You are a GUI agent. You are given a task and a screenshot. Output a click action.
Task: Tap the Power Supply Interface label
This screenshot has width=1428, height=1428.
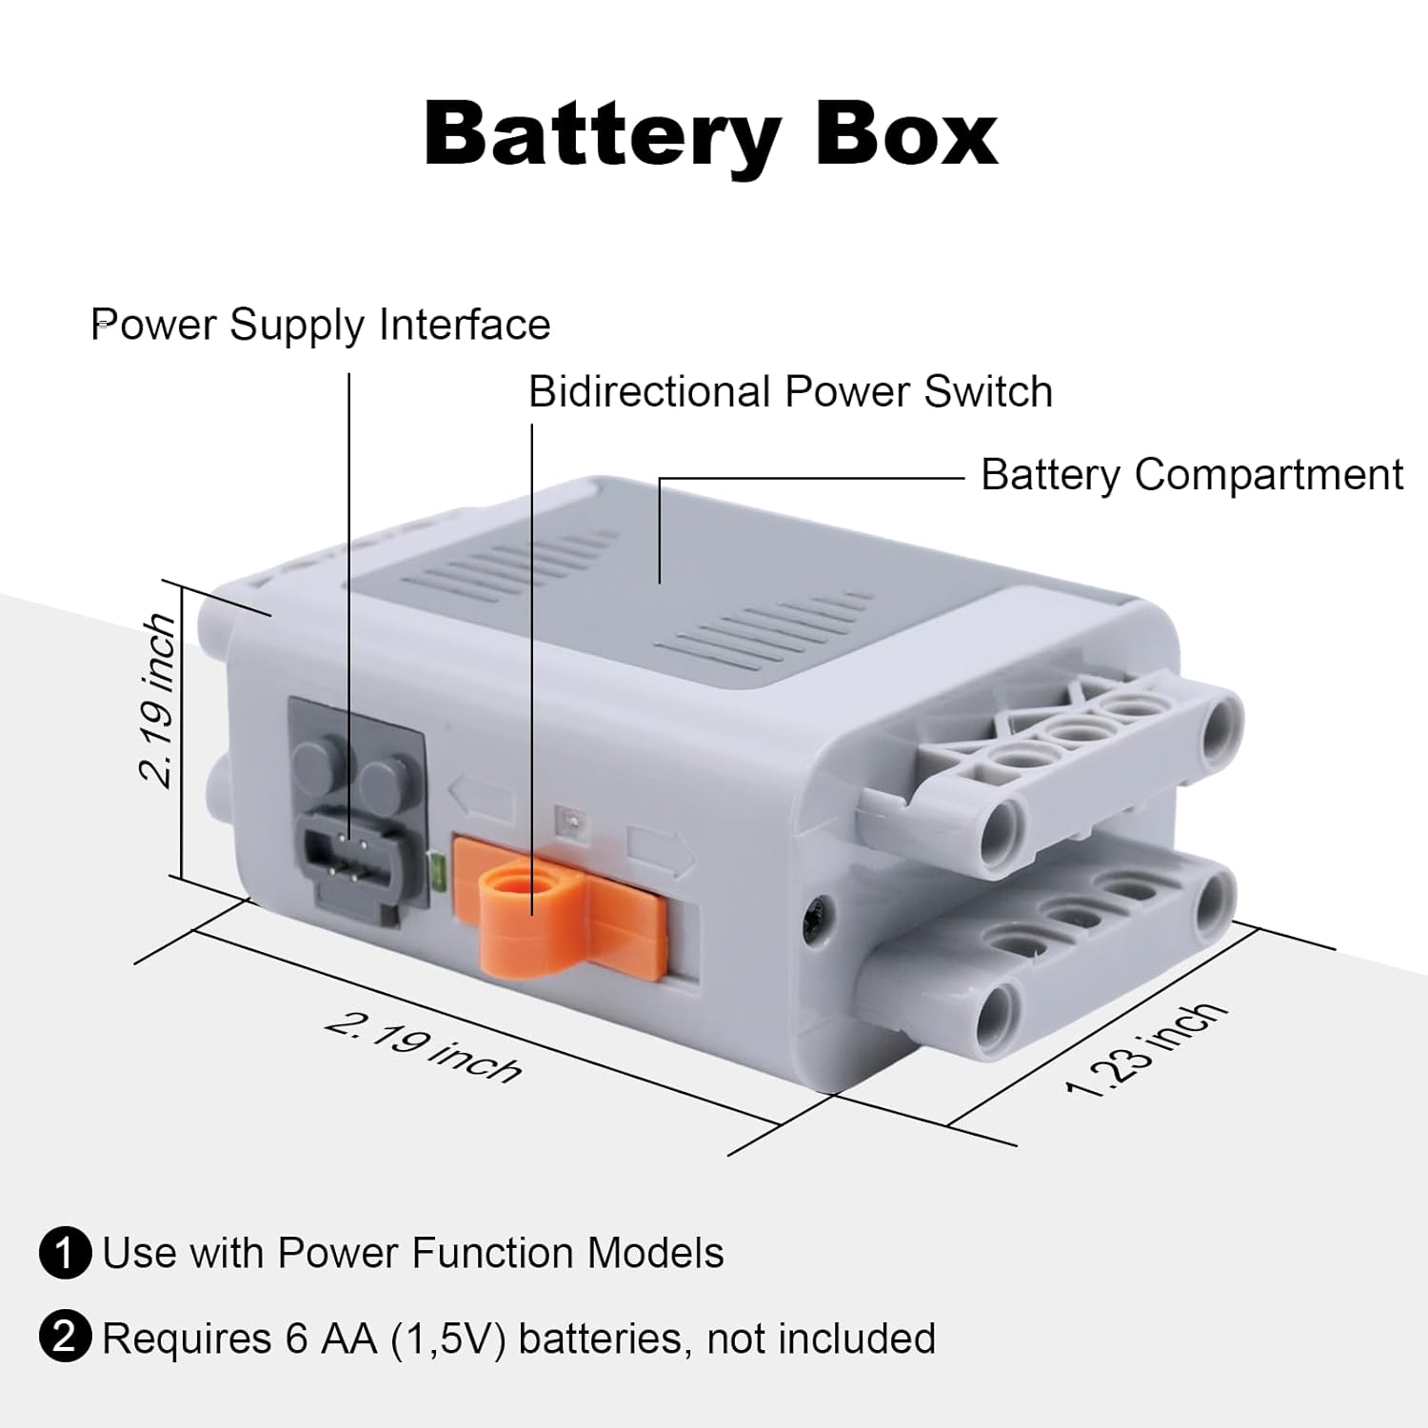pos(321,325)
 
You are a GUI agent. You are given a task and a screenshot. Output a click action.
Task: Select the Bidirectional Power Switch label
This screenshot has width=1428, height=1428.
pos(790,392)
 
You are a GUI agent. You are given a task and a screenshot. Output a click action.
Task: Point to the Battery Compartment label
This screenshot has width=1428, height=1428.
pos(1191,474)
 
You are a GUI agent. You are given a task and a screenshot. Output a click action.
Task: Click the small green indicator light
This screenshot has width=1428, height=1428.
pos(438,870)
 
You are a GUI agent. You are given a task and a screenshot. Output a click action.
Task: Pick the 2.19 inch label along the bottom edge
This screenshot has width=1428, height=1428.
pos(424,1048)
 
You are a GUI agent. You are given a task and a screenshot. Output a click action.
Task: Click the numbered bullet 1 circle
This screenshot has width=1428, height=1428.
pos(65,1253)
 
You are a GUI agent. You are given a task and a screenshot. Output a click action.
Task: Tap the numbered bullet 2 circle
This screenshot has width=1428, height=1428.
pos(65,1338)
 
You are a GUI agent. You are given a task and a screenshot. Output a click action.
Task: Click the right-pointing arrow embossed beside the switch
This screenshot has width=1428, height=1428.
pos(661,851)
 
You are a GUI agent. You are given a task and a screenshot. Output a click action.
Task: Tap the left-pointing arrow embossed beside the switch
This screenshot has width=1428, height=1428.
pos(482,798)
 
